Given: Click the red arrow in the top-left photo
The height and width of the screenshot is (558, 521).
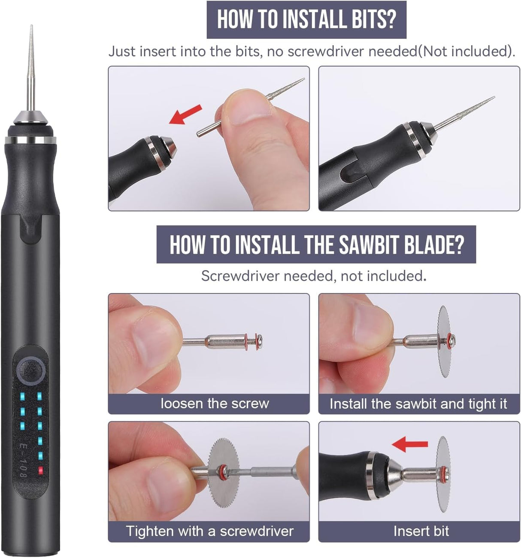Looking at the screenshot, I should coord(185,115).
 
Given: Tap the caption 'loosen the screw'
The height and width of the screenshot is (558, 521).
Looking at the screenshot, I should coord(215,403).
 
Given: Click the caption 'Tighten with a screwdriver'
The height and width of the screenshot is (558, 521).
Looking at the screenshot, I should coord(209,531).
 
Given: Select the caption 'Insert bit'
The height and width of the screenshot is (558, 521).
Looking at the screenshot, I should coord(421,531).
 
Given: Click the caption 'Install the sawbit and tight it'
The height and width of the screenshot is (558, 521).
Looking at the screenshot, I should coord(418,403).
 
